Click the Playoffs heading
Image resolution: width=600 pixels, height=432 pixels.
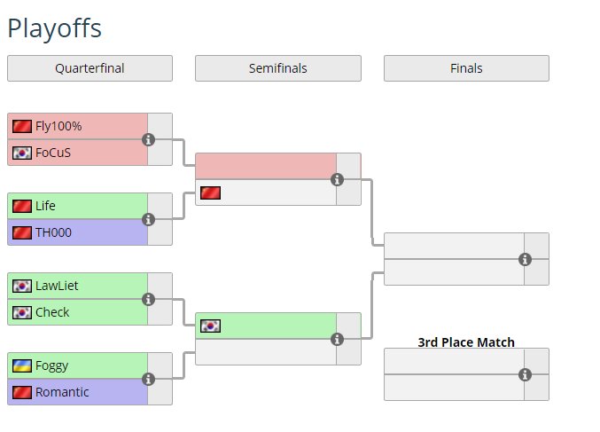pyautogui.click(x=54, y=28)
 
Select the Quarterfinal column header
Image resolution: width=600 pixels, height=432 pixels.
pyautogui.click(x=90, y=68)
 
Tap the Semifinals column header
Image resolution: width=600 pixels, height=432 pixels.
pyautogui.click(x=277, y=68)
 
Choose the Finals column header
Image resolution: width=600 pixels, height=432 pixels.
pyautogui.click(x=466, y=68)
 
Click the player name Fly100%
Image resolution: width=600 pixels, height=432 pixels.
pyautogui.click(x=58, y=126)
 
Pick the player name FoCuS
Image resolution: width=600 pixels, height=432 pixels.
pyautogui.click(x=53, y=153)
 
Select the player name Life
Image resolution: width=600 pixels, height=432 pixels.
pyautogui.click(x=45, y=206)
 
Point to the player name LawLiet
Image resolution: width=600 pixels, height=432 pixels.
pyautogui.click(x=58, y=286)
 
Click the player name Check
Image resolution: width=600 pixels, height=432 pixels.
pyautogui.click(x=52, y=312)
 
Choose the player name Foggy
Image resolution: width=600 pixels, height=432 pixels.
pyautogui.click(x=51, y=365)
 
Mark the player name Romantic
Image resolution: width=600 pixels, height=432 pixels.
pyautogui.click(x=62, y=392)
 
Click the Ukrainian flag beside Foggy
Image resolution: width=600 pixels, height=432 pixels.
pyautogui.click(x=22, y=365)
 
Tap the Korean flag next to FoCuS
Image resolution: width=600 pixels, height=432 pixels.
pyautogui.click(x=22, y=153)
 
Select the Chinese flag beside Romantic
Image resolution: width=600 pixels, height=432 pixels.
pyautogui.click(x=22, y=392)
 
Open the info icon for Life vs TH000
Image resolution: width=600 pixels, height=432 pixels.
pyautogui.click(x=149, y=219)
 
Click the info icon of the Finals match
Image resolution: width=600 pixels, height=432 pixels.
pyautogui.click(x=525, y=259)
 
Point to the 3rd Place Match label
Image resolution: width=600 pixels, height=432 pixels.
pyautogui.click(x=466, y=342)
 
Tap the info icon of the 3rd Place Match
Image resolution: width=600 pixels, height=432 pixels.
pyautogui.click(x=525, y=374)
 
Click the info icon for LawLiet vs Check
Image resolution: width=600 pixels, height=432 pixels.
pyautogui.click(x=149, y=299)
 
